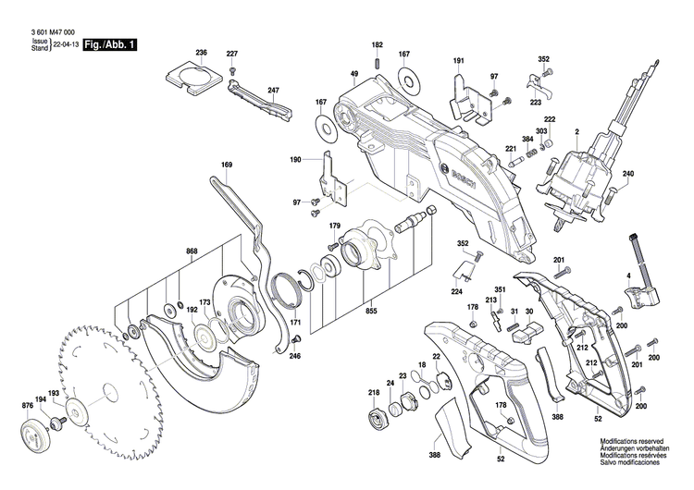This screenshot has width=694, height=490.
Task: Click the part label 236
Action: [202, 53]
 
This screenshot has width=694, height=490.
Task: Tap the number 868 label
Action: [192, 251]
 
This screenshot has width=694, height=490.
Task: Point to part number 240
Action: [654, 175]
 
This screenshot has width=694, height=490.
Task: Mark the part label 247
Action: [273, 90]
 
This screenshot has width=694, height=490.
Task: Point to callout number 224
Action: [456, 291]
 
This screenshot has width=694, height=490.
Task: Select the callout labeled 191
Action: [458, 60]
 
